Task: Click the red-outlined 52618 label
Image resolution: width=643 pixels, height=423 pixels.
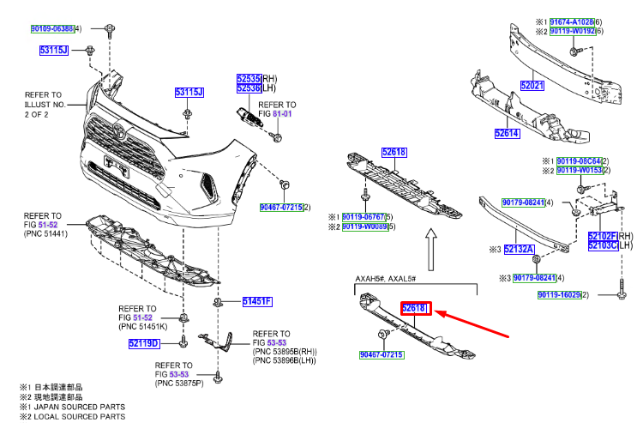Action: [415, 307]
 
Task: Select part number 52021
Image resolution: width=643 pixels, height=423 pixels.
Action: [532, 86]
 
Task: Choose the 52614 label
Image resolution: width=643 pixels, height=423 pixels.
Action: [506, 133]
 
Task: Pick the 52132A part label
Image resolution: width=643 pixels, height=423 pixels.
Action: [520, 250]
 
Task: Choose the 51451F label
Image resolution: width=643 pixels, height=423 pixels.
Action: [256, 301]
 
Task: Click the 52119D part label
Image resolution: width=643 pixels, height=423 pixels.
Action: [143, 344]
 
